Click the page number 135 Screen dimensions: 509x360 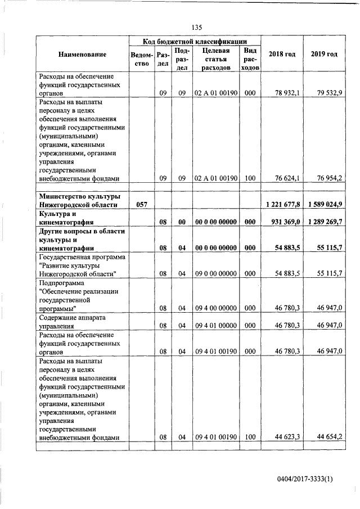click(196, 28)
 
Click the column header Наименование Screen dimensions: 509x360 click(82, 54)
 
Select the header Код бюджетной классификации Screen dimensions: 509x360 click(195, 41)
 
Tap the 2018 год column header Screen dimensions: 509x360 click(282, 54)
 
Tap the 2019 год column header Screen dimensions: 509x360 click(324, 54)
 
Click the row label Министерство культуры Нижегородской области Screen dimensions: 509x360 click(79, 200)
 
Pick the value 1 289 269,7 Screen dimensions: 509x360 click(325, 222)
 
